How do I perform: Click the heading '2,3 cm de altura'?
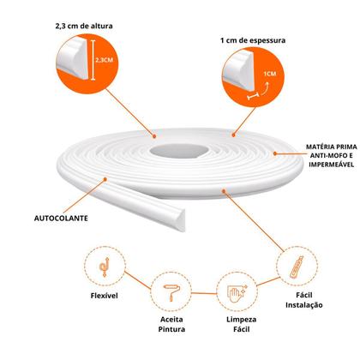pyautogui.click(x=84, y=26)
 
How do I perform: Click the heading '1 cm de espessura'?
pyautogui.click(x=253, y=40)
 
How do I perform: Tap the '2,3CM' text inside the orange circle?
pyautogui.click(x=104, y=60)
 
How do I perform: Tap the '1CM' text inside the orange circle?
pyautogui.click(x=270, y=74)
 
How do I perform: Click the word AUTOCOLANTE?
pyautogui.click(x=61, y=219)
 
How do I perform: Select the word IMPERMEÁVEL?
pyautogui.click(x=331, y=165)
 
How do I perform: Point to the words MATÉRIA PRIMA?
pyautogui.click(x=332, y=147)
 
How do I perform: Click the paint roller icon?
pyautogui.click(x=171, y=292)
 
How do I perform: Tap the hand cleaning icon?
pyautogui.click(x=237, y=292)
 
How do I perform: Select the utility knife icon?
pyautogui.click(x=297, y=267)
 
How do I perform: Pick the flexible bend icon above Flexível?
pyautogui.click(x=105, y=267)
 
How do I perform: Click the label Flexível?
pyautogui.click(x=105, y=296)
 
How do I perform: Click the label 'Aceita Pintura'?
pyautogui.click(x=171, y=324)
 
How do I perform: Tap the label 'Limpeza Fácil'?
pyautogui.click(x=242, y=324)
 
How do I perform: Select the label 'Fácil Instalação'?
pyautogui.click(x=304, y=300)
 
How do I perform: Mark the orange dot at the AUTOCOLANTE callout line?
pyautogui.click(x=105, y=179)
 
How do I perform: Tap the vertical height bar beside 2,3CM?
pyautogui.click(x=93, y=60)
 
